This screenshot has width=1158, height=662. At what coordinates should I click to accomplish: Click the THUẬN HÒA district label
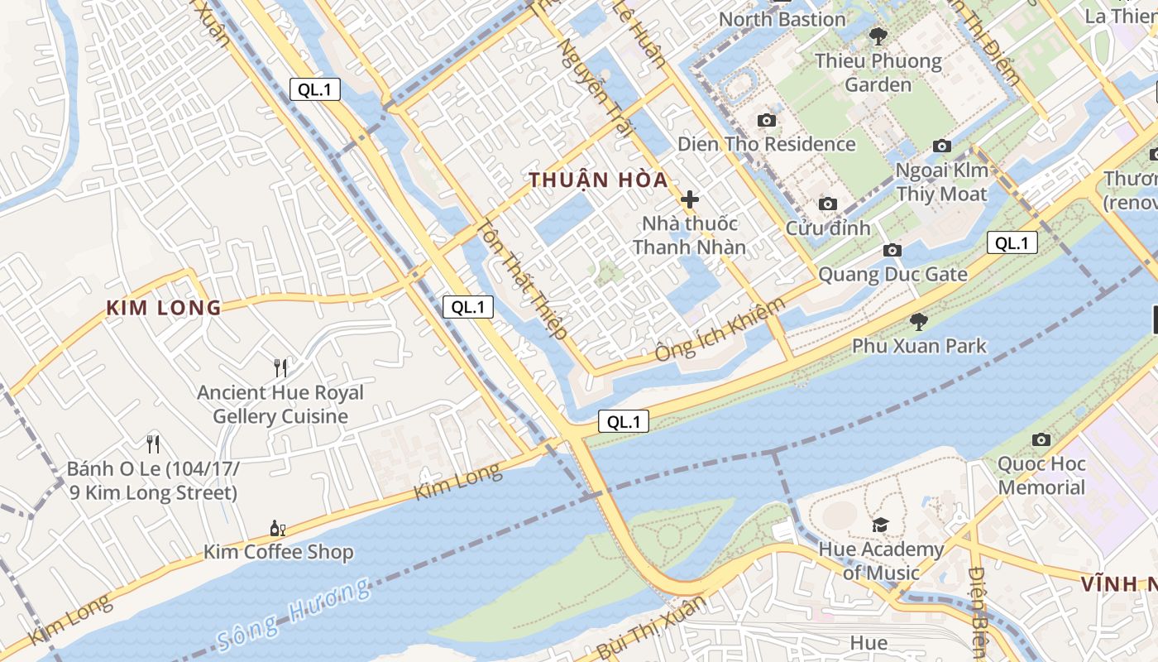[598, 180]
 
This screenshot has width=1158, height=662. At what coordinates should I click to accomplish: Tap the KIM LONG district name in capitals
[164, 309]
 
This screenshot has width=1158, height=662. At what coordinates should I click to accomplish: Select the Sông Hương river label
[294, 615]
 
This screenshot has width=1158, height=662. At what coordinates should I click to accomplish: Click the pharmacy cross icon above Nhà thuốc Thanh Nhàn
[689, 199]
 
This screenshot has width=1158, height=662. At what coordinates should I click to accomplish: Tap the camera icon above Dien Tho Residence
[767, 121]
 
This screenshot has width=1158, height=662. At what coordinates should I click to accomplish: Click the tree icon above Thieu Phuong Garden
[878, 36]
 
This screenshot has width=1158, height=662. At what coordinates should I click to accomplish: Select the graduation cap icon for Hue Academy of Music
[880, 525]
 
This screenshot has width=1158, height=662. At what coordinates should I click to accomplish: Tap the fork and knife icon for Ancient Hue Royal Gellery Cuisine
[280, 368]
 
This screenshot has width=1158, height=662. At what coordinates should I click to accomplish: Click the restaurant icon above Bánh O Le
[153, 444]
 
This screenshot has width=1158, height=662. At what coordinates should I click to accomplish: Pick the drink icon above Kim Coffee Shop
[278, 528]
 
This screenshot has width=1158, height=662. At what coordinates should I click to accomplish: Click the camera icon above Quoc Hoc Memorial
[1041, 439]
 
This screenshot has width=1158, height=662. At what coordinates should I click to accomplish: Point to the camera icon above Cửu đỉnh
[827, 204]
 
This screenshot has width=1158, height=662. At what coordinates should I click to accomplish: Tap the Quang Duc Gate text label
[892, 274]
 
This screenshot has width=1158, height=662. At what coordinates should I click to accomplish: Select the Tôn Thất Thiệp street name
[522, 280]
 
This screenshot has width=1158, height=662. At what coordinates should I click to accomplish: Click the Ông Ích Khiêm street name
[720, 329]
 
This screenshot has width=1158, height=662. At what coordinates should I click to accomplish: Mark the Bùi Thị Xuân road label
[650, 626]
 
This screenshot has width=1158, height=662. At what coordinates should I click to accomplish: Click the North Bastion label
[782, 19]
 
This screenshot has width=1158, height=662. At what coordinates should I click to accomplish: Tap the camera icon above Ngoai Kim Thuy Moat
[941, 146]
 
